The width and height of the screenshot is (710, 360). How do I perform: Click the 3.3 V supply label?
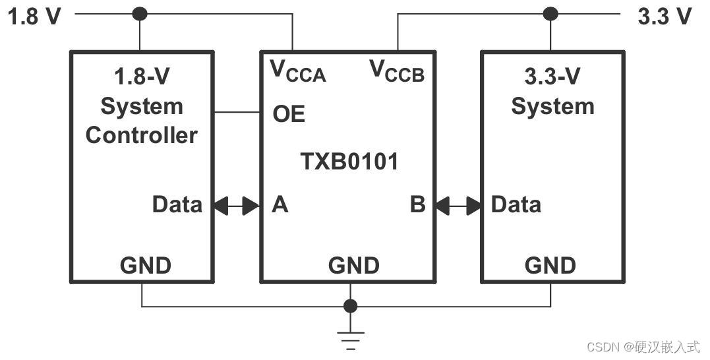[x=665, y=16]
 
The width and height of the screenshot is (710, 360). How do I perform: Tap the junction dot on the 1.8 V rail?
[x=140, y=13]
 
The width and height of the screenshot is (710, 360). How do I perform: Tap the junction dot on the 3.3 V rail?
[x=550, y=13]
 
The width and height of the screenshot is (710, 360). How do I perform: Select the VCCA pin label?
[x=298, y=71]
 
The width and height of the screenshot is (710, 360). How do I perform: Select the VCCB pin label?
[x=397, y=71]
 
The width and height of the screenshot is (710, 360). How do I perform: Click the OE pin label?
[x=289, y=114]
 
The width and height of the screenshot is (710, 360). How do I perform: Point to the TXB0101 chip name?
[x=349, y=162]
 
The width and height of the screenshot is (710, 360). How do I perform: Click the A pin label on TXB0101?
[x=280, y=205]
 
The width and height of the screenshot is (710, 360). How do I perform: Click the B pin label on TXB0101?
[x=417, y=205]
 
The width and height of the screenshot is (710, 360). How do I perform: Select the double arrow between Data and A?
[x=236, y=206]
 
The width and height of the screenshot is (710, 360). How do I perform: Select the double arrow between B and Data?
[x=457, y=206]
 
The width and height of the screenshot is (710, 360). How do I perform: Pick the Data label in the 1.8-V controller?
[x=177, y=204]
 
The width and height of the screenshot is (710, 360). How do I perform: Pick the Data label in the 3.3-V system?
[x=516, y=204]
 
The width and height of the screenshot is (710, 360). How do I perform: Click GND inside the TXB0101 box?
[x=354, y=266]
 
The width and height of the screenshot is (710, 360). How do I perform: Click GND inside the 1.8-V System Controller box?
[x=145, y=266]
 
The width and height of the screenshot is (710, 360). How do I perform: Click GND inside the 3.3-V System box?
[x=550, y=266]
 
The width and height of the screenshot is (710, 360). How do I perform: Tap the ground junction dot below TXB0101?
[x=351, y=306]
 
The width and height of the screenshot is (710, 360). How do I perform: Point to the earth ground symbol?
[x=351, y=340]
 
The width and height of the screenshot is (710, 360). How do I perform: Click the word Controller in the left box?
[x=142, y=135]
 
